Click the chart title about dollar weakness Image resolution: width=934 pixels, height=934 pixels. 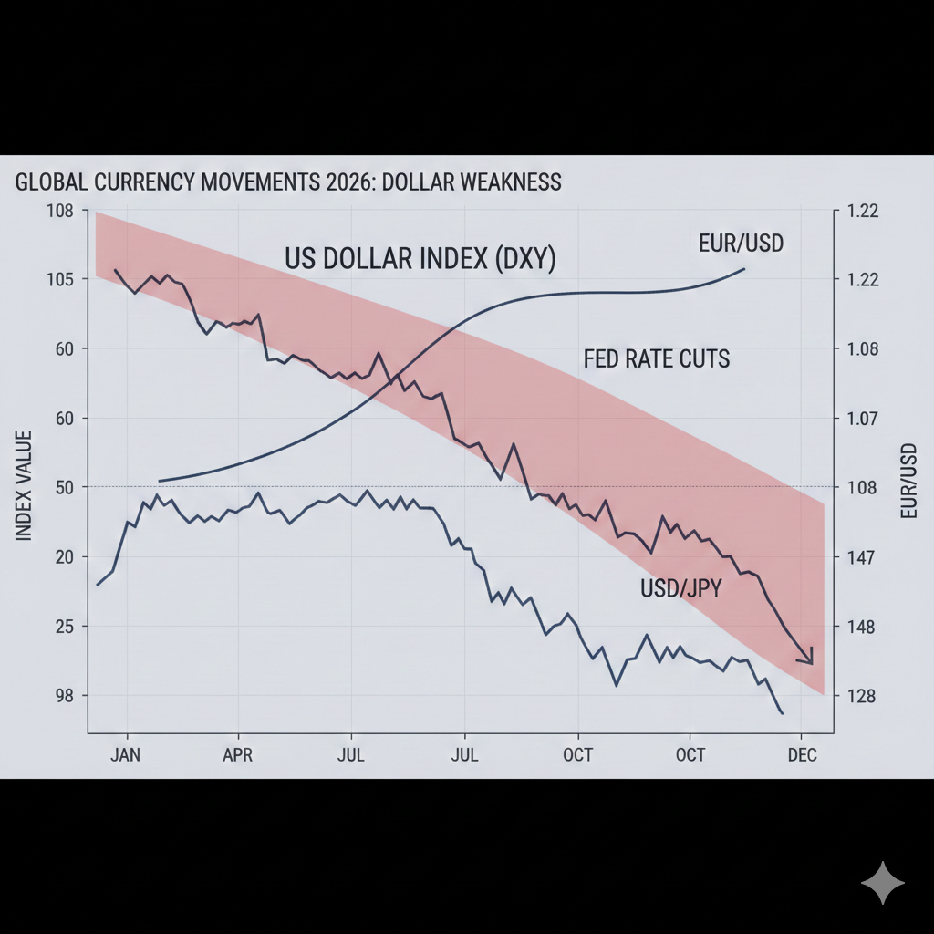click(x=288, y=182)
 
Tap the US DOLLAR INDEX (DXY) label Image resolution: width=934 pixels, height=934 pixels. click(x=420, y=259)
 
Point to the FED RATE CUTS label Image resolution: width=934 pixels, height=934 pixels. click(x=656, y=358)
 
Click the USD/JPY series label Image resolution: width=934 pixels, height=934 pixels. click(x=680, y=589)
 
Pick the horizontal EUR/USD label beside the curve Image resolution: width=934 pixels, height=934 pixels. click(x=741, y=244)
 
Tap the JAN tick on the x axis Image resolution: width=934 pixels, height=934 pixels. click(x=127, y=755)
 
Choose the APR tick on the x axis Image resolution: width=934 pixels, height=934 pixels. click(x=238, y=755)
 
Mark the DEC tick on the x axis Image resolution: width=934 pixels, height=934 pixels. click(x=802, y=755)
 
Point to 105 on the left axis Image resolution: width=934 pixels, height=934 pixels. click(x=59, y=279)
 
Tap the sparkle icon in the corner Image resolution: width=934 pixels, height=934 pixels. click(x=883, y=882)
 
